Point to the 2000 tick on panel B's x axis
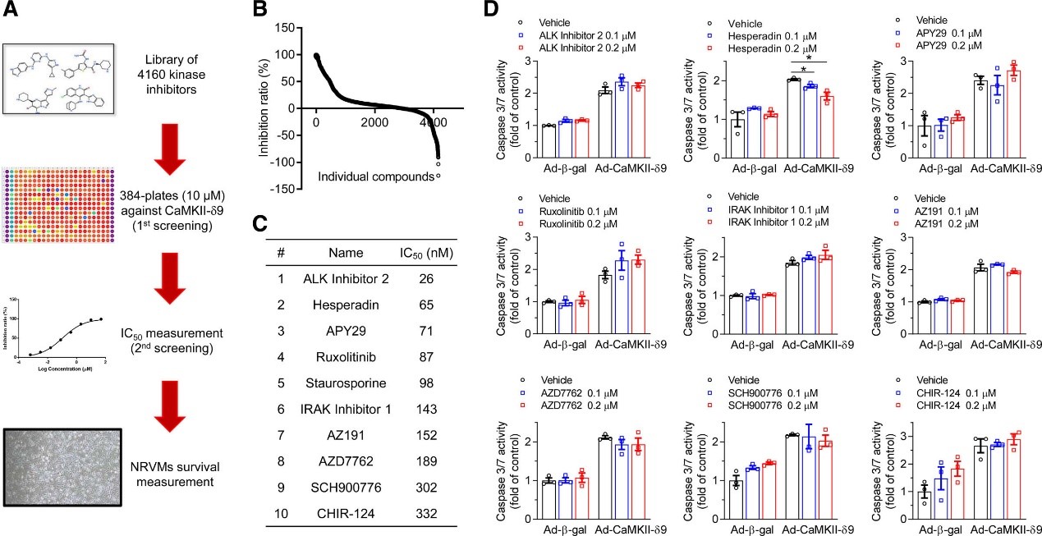pyautogui.click(x=374, y=123)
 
